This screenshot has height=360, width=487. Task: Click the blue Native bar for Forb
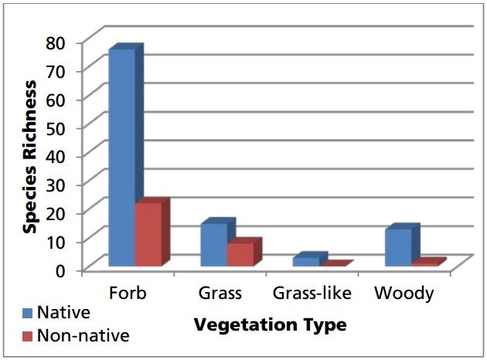(x=121, y=158)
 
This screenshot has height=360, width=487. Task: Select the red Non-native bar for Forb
(x=148, y=235)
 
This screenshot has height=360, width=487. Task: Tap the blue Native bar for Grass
(x=214, y=246)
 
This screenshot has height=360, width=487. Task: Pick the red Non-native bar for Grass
(x=240, y=255)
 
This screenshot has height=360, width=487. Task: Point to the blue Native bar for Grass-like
(x=305, y=262)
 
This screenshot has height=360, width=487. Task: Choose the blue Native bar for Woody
(x=398, y=248)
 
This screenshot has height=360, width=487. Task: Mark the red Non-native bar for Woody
(x=424, y=263)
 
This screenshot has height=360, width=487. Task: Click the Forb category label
(x=128, y=294)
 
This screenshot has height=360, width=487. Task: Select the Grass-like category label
(x=312, y=294)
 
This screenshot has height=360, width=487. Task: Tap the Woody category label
(x=404, y=294)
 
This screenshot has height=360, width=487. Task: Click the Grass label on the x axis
(x=220, y=294)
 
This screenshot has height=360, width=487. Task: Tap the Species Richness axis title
(x=31, y=155)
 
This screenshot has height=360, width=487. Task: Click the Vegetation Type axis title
(x=270, y=324)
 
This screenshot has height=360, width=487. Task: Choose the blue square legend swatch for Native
(x=28, y=314)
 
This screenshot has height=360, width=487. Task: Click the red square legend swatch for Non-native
(x=28, y=336)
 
